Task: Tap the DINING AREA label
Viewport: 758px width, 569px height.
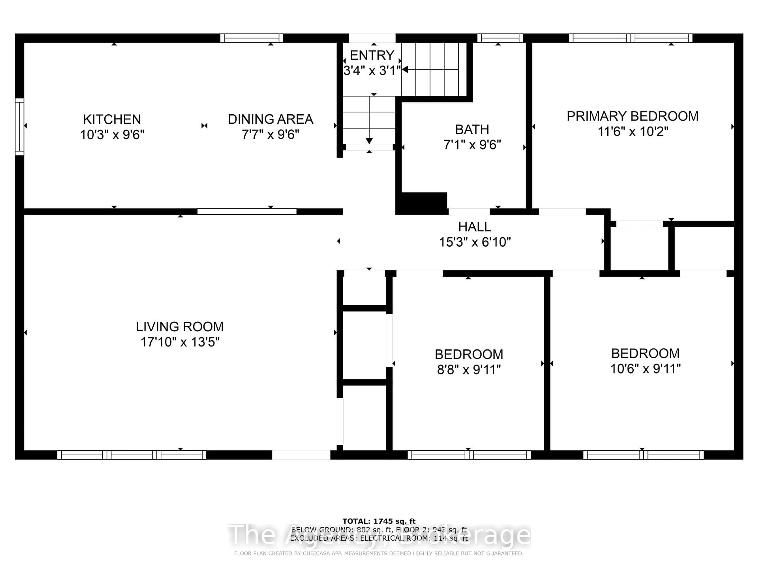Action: click(x=270, y=119)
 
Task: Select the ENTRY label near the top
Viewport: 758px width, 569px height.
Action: click(x=372, y=55)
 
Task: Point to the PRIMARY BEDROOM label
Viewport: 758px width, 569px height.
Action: click(x=633, y=116)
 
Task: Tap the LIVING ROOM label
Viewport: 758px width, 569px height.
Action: click(x=180, y=327)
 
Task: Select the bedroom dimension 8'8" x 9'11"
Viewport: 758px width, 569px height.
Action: click(x=469, y=370)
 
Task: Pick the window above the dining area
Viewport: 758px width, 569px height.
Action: click(x=251, y=38)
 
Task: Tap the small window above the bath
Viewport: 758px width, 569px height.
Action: click(x=500, y=38)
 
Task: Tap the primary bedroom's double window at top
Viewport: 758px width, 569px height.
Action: click(x=630, y=38)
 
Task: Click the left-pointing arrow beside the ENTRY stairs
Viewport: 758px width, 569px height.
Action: click(x=405, y=70)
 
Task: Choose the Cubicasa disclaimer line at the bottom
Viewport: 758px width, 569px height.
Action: click(x=379, y=553)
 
